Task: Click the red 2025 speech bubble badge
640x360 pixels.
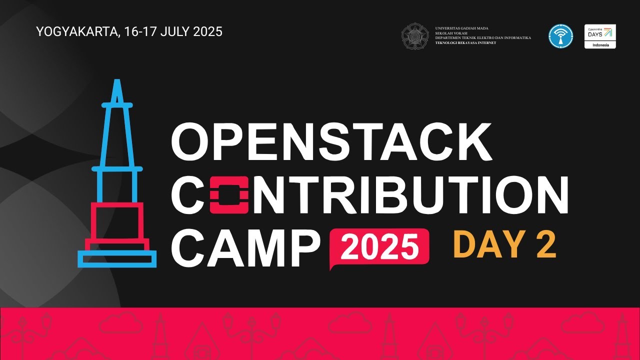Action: [x=379, y=247]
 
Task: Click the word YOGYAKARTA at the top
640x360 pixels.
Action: [x=77, y=32]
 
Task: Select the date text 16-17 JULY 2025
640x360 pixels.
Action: [x=173, y=32]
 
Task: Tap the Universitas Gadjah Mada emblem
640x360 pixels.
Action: [x=415, y=36]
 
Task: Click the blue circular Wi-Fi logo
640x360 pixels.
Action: [x=560, y=36]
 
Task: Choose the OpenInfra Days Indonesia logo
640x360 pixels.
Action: [x=600, y=36]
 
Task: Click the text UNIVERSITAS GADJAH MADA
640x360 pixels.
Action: [x=461, y=28]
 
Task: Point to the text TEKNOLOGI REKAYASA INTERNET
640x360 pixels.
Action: [x=465, y=43]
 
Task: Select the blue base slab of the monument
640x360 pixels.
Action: [x=117, y=258]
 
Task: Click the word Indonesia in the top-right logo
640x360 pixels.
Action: [x=600, y=45]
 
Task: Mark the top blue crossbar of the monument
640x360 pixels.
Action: [x=117, y=105]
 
